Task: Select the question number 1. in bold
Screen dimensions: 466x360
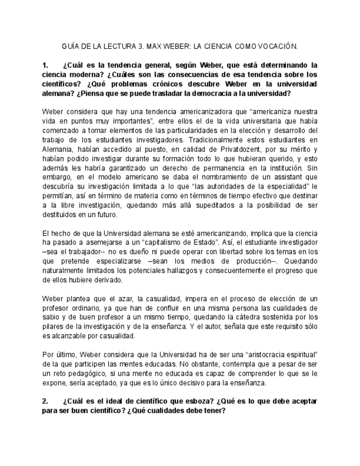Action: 46,65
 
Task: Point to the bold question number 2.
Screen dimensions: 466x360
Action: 46,401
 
